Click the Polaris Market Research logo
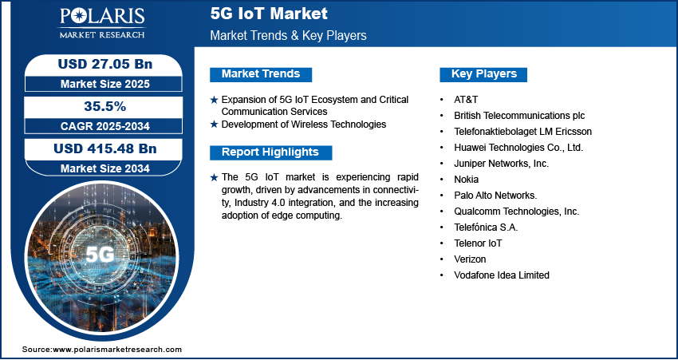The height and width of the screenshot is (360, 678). (102, 23)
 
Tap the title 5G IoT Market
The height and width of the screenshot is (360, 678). (269, 14)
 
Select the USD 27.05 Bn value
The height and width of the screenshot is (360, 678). (105, 64)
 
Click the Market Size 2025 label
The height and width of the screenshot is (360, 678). (105, 84)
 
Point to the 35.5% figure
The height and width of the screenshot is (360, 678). (105, 106)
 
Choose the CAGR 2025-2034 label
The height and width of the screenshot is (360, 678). (105, 126)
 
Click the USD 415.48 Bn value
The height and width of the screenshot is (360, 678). (105, 148)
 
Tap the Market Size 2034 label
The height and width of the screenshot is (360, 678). (105, 168)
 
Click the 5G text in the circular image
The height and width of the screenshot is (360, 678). (100, 255)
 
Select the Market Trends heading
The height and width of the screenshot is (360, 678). (261, 74)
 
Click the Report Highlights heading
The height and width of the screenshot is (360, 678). (270, 152)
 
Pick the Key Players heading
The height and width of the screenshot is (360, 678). (484, 74)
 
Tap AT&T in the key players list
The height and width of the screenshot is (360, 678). (466, 100)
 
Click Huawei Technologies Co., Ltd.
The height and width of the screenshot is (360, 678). (518, 148)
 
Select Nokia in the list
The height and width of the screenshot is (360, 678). (466, 179)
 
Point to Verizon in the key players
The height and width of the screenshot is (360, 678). (470, 259)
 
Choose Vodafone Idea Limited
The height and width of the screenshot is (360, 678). (502, 275)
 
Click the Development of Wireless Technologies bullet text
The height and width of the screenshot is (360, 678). (304, 125)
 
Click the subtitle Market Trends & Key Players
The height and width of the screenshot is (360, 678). (289, 35)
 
